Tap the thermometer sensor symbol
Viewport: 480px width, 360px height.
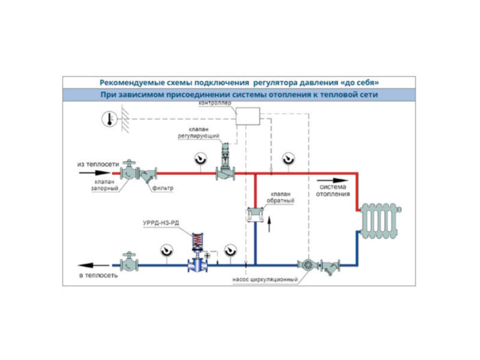click(x=108, y=119)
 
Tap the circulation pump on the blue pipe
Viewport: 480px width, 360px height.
click(x=307, y=264)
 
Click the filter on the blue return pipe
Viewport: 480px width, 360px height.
click(x=333, y=265)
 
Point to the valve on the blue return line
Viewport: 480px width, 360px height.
click(x=128, y=264)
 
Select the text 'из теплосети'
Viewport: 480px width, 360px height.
click(x=98, y=165)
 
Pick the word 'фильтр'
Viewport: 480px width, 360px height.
click(x=164, y=188)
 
